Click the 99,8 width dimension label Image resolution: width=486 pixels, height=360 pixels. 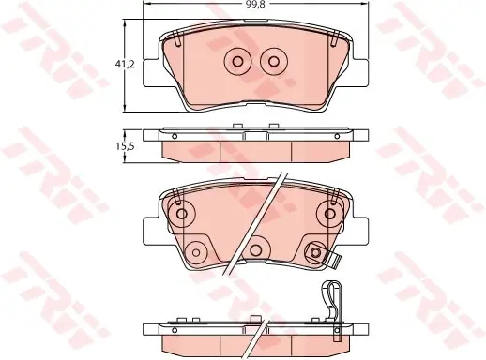pyautogui.click(x=255, y=5)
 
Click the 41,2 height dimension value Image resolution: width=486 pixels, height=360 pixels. pyautogui.click(x=125, y=65)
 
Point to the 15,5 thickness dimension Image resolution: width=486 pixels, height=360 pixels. pyautogui.click(x=125, y=146)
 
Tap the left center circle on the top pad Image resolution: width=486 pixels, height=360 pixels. pyautogui.click(x=237, y=62)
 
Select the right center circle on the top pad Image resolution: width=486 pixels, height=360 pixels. pyautogui.click(x=274, y=62)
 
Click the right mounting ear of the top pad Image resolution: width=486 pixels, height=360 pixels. pyautogui.click(x=359, y=72)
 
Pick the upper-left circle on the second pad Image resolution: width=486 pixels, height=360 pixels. pyautogui.click(x=181, y=214)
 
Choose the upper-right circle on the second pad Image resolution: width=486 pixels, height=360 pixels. pyautogui.click(x=329, y=214)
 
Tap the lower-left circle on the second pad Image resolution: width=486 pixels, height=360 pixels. pyautogui.click(x=196, y=252)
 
